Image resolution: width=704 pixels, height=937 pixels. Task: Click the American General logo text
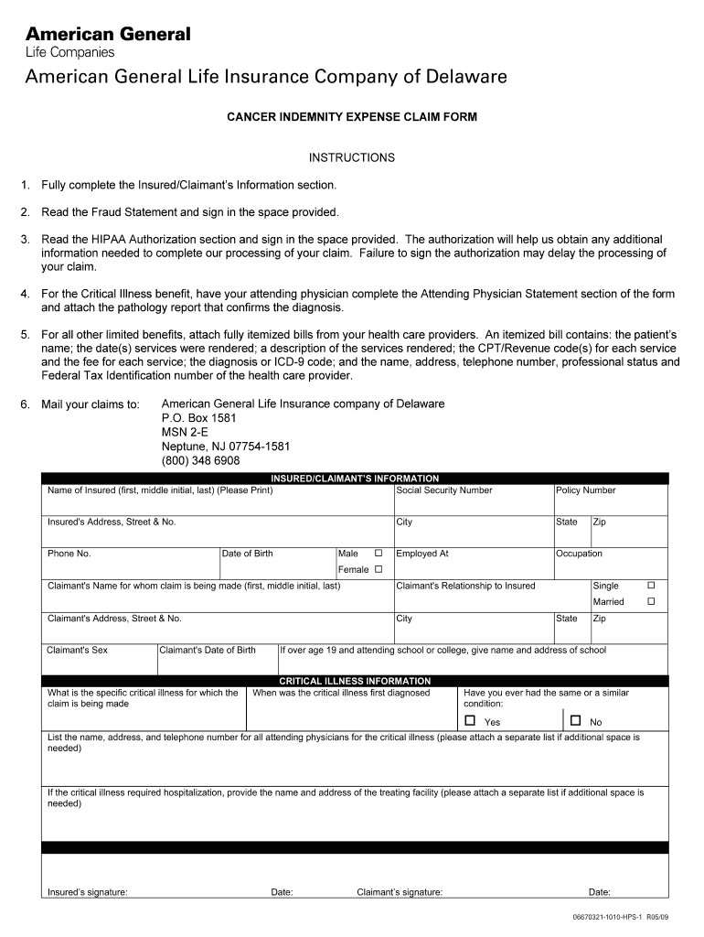108,34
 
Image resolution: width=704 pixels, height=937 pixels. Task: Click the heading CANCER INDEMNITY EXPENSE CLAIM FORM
352,118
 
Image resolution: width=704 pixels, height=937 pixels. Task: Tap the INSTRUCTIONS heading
352,157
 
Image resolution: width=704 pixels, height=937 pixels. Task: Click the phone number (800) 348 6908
201,460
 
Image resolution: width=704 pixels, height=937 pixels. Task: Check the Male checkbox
378,554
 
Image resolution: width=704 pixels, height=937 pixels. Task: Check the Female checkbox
378,569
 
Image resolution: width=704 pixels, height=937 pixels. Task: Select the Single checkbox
652,585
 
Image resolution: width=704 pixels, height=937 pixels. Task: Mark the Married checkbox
652,601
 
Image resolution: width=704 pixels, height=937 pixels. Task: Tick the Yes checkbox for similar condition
471,721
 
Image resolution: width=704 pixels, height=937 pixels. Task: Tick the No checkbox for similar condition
576,721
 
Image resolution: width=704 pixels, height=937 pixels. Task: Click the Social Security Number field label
444,490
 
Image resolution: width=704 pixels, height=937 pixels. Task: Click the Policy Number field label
586,490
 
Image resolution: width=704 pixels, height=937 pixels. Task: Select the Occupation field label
580,554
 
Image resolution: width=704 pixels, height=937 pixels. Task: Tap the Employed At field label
422,554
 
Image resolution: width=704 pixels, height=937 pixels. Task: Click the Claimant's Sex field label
78,651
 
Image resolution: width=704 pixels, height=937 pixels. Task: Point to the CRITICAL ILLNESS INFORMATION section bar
355,681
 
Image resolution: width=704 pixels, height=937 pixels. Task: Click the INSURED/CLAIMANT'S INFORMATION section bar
355,479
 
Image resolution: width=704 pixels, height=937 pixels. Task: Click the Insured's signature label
88,892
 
